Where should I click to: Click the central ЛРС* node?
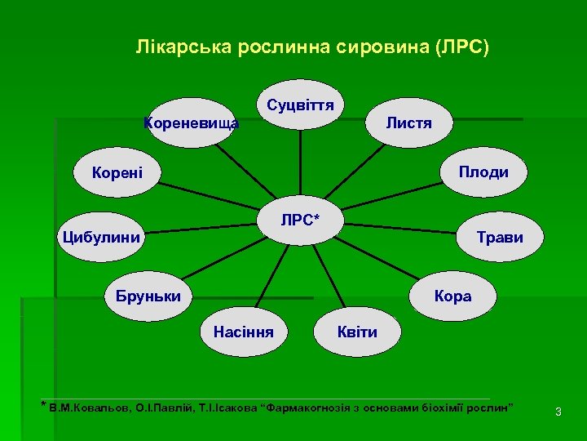[300, 221]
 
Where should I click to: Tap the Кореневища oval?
[192, 123]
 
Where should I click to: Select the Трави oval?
[500, 238]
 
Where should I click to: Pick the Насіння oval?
[242, 332]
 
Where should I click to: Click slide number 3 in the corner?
[558, 412]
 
